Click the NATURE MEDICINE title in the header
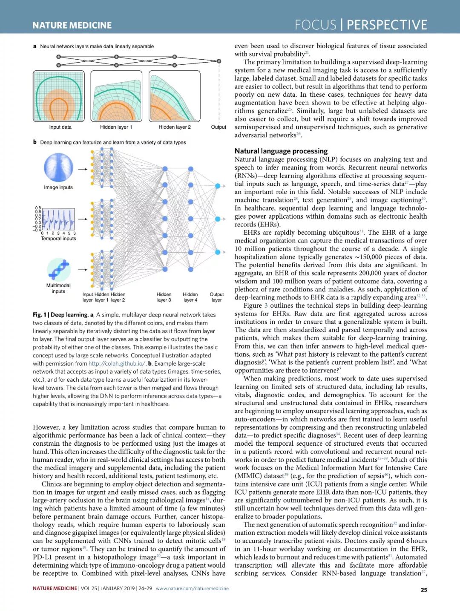pos(72,25)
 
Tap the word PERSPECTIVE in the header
pos(387,25)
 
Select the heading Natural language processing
pos(281,151)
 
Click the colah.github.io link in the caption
pos(117,363)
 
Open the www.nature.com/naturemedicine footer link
pos(192,588)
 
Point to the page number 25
pos(423,590)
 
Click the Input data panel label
pos(60,127)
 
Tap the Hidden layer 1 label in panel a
pos(116,127)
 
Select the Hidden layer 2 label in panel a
pos(175,127)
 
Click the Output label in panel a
pos(218,127)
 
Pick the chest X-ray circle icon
pos(58,167)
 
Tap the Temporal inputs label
pos(58,239)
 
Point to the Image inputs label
pos(58,187)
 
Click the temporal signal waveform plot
pos(58,219)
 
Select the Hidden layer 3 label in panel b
pos(164,297)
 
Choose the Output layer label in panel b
pos(217,297)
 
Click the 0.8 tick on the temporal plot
pos(38,208)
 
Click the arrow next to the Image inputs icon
pos(83,169)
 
